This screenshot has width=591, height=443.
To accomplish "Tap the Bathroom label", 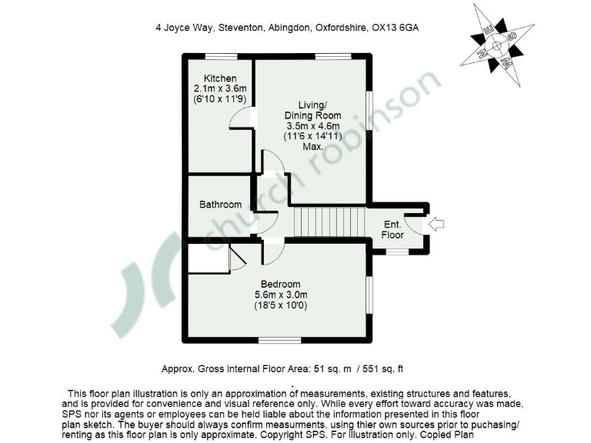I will [x=220, y=205].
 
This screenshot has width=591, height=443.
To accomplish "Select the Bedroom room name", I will [x=280, y=284].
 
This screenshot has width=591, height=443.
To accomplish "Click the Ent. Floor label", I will [x=392, y=229].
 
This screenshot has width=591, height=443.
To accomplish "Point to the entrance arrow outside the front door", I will [x=436, y=224].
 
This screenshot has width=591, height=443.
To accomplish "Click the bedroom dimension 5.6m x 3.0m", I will [x=280, y=295].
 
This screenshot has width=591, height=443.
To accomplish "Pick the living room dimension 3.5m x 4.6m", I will [x=309, y=126].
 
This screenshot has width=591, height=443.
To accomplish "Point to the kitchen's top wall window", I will [x=221, y=55].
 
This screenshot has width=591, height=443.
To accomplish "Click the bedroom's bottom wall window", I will [x=279, y=339].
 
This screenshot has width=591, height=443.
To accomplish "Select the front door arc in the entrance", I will [x=416, y=224].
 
